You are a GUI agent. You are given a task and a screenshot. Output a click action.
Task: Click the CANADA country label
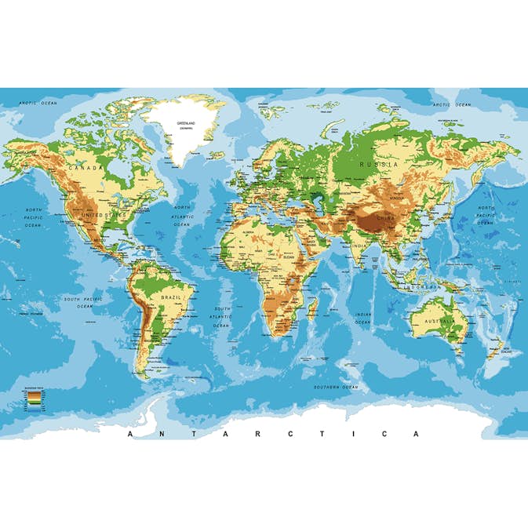pos(86,167)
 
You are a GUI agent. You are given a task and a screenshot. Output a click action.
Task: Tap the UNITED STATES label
pos(104,214)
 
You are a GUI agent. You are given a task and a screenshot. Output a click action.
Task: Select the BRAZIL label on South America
pos(171,298)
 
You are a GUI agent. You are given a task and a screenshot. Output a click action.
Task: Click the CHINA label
pos(385,217)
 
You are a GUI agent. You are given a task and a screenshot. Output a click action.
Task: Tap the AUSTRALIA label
pos(440,322)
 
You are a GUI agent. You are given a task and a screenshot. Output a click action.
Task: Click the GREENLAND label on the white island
pos(186,124)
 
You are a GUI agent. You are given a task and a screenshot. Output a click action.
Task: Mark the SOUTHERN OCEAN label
pos(336,387)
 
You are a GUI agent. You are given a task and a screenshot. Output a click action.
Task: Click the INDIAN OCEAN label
pos(362,319)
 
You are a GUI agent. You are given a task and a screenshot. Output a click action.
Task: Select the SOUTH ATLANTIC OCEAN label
pos(223,317)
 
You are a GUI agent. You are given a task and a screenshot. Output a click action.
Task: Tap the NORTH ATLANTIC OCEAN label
pos(182,216)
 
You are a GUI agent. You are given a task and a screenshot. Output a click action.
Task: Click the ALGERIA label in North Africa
pos(250,233)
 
